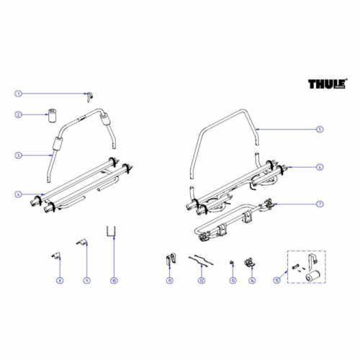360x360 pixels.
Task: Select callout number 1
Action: [19, 94]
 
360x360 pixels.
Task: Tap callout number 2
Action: [19, 114]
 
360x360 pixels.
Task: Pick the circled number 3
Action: [19, 155]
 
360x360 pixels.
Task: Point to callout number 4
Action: [19, 194]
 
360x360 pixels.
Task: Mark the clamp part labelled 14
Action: [251, 262]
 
